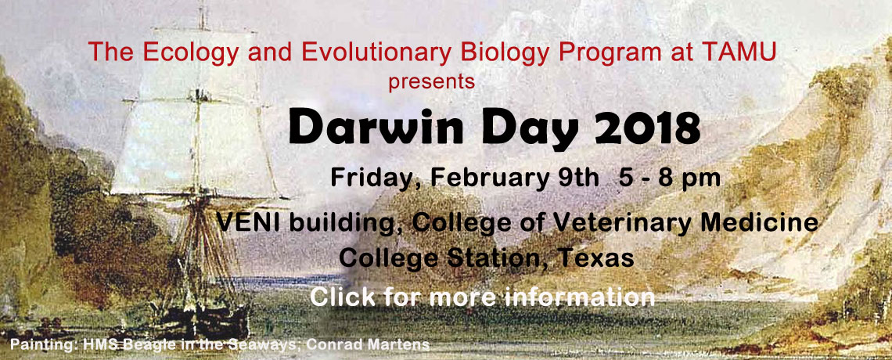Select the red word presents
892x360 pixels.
(432, 82)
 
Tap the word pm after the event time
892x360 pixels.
(701, 180)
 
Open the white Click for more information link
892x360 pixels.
(483, 297)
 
